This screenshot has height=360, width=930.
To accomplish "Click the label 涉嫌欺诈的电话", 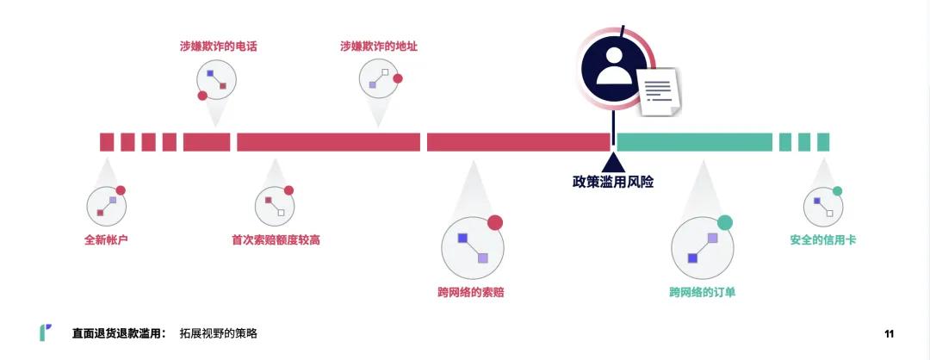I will tap(212, 47).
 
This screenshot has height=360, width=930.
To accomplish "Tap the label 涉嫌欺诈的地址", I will tap(379, 47).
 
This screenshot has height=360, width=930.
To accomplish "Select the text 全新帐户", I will tap(106, 239).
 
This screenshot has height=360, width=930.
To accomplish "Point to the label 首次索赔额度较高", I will tap(276, 239).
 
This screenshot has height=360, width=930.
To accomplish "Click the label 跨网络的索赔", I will tap(470, 292).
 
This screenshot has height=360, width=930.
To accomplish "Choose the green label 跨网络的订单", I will tap(702, 292).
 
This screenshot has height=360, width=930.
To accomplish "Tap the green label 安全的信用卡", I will tap(823, 239).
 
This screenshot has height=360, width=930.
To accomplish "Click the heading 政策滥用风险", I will tap(613, 182).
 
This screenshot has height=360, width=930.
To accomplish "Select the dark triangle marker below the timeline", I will tap(613, 163).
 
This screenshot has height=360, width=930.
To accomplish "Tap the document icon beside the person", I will tap(660, 91).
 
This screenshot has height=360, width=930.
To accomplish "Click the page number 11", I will tap(890, 333).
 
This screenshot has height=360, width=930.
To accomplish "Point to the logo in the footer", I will tap(45, 332).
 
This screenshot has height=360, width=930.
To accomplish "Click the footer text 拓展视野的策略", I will tap(219, 333).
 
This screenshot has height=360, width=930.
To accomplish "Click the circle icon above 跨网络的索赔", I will tap(472, 246).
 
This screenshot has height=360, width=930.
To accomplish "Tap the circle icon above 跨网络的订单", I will tap(702, 246).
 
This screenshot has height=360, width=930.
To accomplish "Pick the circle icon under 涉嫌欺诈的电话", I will tap(215, 79).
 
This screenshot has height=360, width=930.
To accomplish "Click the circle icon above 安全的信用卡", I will tap(823, 206).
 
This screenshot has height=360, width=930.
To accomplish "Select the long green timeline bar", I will tap(694, 142).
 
